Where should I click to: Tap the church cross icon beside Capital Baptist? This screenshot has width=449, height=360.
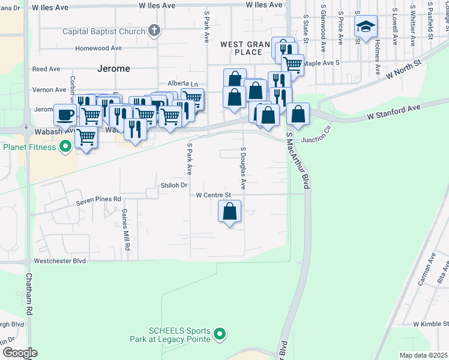(x=154, y=31)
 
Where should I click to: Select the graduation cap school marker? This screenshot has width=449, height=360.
(x=365, y=26)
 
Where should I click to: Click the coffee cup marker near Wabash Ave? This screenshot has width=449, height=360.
(x=65, y=114)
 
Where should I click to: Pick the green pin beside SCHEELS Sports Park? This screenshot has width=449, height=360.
(x=220, y=334)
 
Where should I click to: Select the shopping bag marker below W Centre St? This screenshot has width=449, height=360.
(x=229, y=211)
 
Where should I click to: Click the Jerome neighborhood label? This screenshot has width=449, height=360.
(x=113, y=69)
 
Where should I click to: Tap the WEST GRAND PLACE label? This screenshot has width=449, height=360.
(x=242, y=48)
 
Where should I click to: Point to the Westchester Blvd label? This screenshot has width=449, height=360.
(x=59, y=261)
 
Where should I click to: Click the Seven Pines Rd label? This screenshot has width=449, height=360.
(x=98, y=199)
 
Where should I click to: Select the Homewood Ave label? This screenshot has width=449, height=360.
(x=99, y=49)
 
